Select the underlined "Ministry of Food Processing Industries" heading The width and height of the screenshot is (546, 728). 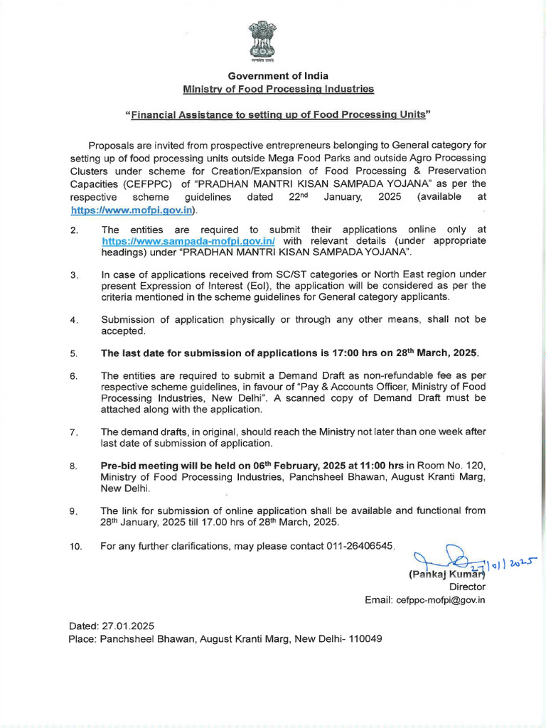pyautogui.click(x=278, y=89)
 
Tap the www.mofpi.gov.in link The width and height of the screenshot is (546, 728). pyautogui.click(x=132, y=210)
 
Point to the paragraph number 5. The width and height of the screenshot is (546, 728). pyautogui.click(x=73, y=353)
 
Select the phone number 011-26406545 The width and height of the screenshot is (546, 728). pyautogui.click(x=355, y=545)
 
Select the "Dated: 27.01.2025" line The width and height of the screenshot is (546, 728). pyautogui.click(x=111, y=626)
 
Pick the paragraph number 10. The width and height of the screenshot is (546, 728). pyautogui.click(x=75, y=546)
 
